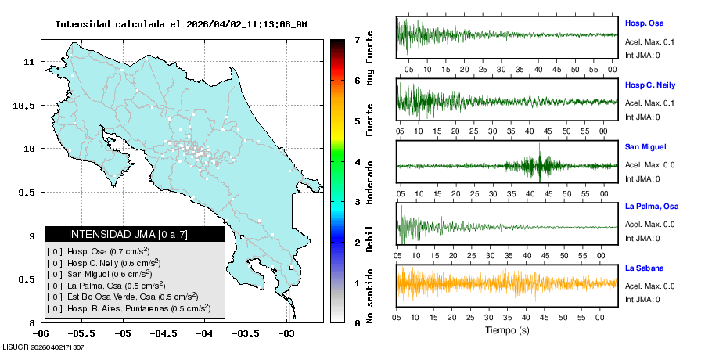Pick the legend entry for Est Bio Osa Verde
coord(121,297)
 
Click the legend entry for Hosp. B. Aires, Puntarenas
coord(128,308)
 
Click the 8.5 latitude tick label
coord(26,279)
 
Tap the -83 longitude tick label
coord(286,333)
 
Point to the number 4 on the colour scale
coord(357,162)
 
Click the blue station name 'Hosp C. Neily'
coord(649,85)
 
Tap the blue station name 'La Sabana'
coord(644,268)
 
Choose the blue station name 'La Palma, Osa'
coord(651,207)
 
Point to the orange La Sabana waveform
coord(506,283)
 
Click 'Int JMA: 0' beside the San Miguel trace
coord(642,178)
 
